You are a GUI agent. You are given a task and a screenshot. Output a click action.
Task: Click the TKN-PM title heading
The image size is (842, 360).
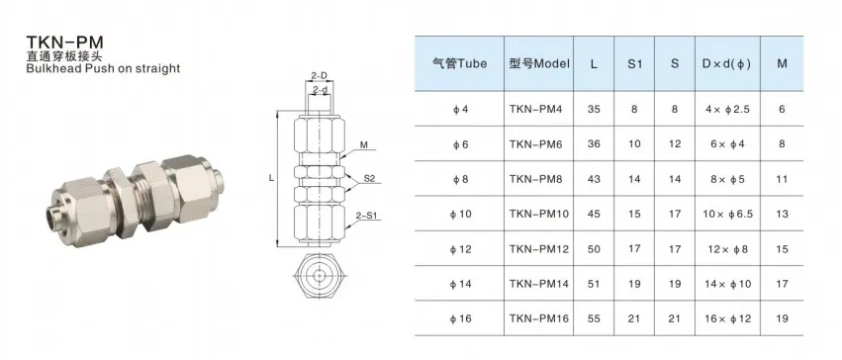click(x=65, y=43)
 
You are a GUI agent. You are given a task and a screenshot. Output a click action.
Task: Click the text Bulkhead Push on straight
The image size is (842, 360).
click(x=103, y=68)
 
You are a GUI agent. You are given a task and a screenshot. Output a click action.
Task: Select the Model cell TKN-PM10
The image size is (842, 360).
click(x=538, y=214)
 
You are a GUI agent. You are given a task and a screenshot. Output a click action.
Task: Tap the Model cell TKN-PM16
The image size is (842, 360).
click(x=538, y=318)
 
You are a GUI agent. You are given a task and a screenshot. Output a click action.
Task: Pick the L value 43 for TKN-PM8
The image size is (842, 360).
click(x=594, y=179)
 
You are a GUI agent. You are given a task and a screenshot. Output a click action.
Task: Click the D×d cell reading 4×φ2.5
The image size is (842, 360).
click(x=727, y=110)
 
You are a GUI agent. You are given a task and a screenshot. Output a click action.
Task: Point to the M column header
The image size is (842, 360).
click(x=782, y=63)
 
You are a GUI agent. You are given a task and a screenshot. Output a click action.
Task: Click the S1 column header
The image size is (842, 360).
click(x=634, y=63)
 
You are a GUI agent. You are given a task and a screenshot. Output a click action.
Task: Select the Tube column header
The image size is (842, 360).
click(x=459, y=63)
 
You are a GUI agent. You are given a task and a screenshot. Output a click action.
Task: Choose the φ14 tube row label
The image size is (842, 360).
click(x=460, y=284)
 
